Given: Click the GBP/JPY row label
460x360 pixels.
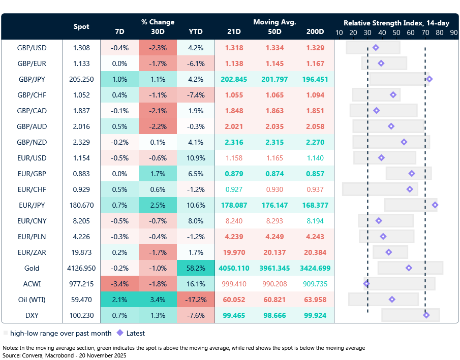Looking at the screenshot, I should [x=32, y=79].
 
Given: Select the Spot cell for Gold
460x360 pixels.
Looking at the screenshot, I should [x=81, y=268].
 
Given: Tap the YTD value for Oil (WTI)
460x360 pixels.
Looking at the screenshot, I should [x=196, y=300].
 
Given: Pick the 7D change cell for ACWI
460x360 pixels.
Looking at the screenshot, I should [x=119, y=284].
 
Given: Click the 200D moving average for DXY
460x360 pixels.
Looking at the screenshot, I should [x=315, y=315].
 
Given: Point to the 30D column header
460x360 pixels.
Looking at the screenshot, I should [x=158, y=31].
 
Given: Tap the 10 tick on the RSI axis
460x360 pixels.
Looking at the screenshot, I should [x=339, y=32].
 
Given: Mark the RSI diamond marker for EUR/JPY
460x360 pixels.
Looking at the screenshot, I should [x=435, y=205].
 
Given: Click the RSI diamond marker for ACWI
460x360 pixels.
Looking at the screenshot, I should [x=366, y=284].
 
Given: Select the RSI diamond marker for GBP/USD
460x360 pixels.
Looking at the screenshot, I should [x=376, y=48].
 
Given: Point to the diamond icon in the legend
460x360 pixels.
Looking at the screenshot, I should [x=120, y=333].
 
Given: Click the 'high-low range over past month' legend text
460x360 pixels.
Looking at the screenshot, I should [x=60, y=334].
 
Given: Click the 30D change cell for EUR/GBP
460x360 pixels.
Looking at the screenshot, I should [x=158, y=174].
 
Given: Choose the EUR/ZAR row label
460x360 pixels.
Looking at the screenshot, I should [x=32, y=252].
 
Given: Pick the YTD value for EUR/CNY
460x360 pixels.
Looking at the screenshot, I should [x=196, y=221].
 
